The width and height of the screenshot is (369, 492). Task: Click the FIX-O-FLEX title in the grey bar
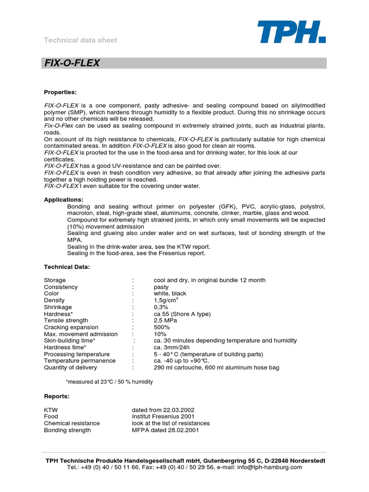point(72,63)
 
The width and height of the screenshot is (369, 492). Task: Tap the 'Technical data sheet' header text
point(81,40)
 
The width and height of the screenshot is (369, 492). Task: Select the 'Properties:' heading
point(61,92)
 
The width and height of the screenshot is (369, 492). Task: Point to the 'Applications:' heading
point(63,199)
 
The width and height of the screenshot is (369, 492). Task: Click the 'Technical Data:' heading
point(67,267)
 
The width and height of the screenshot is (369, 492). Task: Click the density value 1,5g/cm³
point(166,300)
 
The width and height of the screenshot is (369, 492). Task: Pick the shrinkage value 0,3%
point(161,307)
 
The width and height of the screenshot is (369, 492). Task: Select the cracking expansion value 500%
point(162,327)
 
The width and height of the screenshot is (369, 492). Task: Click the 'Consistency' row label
point(61,287)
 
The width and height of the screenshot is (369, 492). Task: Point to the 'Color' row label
point(51,294)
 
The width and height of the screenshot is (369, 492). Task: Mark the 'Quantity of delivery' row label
point(70,368)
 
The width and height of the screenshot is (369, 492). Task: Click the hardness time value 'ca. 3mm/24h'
point(172,347)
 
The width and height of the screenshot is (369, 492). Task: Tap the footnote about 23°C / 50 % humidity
point(109,381)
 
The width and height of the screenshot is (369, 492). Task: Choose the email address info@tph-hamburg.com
point(271,467)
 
